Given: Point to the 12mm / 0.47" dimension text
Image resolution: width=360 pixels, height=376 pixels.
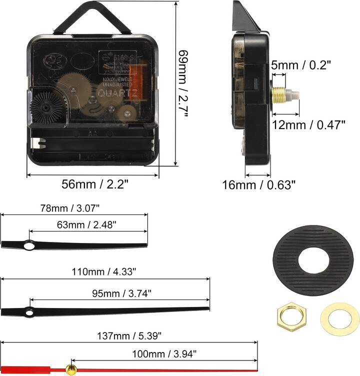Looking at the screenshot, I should pos(308,124).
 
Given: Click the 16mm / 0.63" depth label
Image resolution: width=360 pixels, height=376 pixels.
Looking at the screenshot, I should pos(259,185).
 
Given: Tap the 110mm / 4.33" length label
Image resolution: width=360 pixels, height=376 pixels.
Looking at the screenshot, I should pos(104,272).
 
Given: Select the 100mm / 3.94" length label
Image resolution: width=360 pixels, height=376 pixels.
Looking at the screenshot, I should pos(164,354).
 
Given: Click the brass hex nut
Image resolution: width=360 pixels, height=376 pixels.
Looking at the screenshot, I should pos(289,316).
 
